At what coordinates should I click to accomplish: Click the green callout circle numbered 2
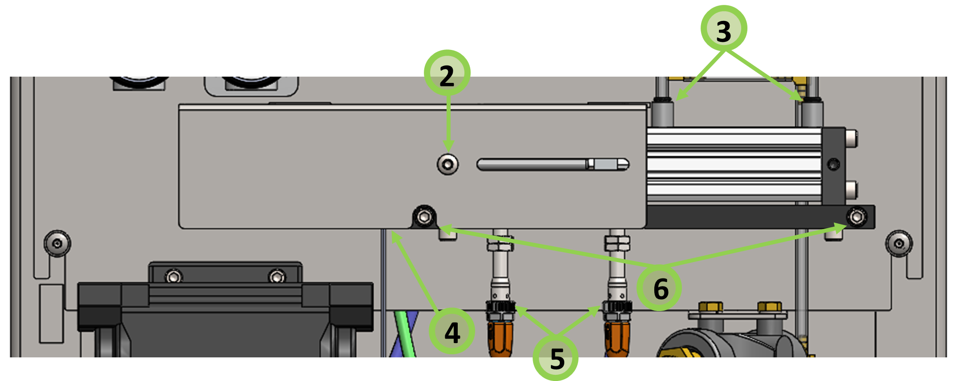(447, 73)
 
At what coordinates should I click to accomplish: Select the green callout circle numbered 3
(724, 28)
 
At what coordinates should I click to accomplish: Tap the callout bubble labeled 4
(452, 332)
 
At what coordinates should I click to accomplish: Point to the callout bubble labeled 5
(556, 358)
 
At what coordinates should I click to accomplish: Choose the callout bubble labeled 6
(660, 288)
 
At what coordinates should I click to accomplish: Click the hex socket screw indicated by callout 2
(447, 164)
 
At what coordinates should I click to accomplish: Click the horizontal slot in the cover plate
(553, 164)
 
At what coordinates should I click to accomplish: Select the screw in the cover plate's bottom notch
(424, 217)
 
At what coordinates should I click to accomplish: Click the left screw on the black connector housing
(173, 276)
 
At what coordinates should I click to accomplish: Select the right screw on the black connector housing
(277, 276)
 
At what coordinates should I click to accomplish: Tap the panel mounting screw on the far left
(57, 243)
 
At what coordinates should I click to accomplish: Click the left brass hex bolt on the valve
(711, 307)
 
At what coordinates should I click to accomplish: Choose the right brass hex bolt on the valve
(770, 307)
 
